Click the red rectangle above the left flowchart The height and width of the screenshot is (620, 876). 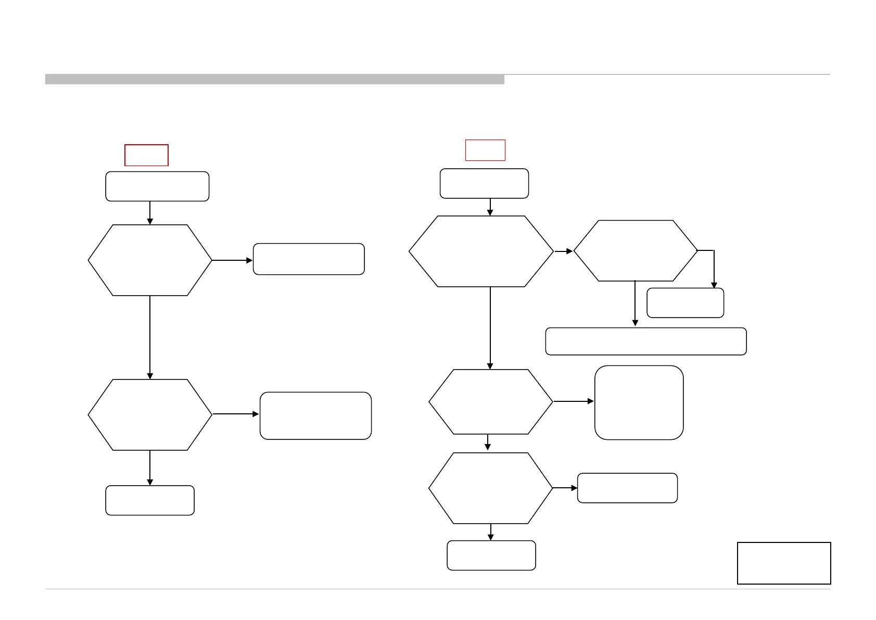coord(146,155)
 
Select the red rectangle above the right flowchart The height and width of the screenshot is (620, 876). coord(485,150)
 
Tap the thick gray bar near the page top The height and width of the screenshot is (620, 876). coord(275,79)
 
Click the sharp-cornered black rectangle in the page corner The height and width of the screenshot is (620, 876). coord(784,563)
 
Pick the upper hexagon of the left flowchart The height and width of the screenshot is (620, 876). coord(150,260)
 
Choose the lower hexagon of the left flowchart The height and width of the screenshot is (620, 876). coord(150,415)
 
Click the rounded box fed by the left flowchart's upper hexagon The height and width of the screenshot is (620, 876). coord(309,259)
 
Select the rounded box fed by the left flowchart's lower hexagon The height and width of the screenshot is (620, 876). coord(315,416)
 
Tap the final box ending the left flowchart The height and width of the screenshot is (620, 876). coord(150,500)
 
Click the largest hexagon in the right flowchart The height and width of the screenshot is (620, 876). coord(481,251)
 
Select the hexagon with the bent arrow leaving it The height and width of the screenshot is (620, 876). coord(636,250)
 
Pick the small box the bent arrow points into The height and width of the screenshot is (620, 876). coord(685,303)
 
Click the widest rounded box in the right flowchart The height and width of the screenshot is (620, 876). coord(646,341)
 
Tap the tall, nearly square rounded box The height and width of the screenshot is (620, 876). coord(639,402)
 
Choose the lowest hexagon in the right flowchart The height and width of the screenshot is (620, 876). coord(490,488)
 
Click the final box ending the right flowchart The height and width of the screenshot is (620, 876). coord(491,555)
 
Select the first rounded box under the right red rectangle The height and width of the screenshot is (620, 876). coord(484,183)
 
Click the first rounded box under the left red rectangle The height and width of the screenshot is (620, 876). coord(157,186)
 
